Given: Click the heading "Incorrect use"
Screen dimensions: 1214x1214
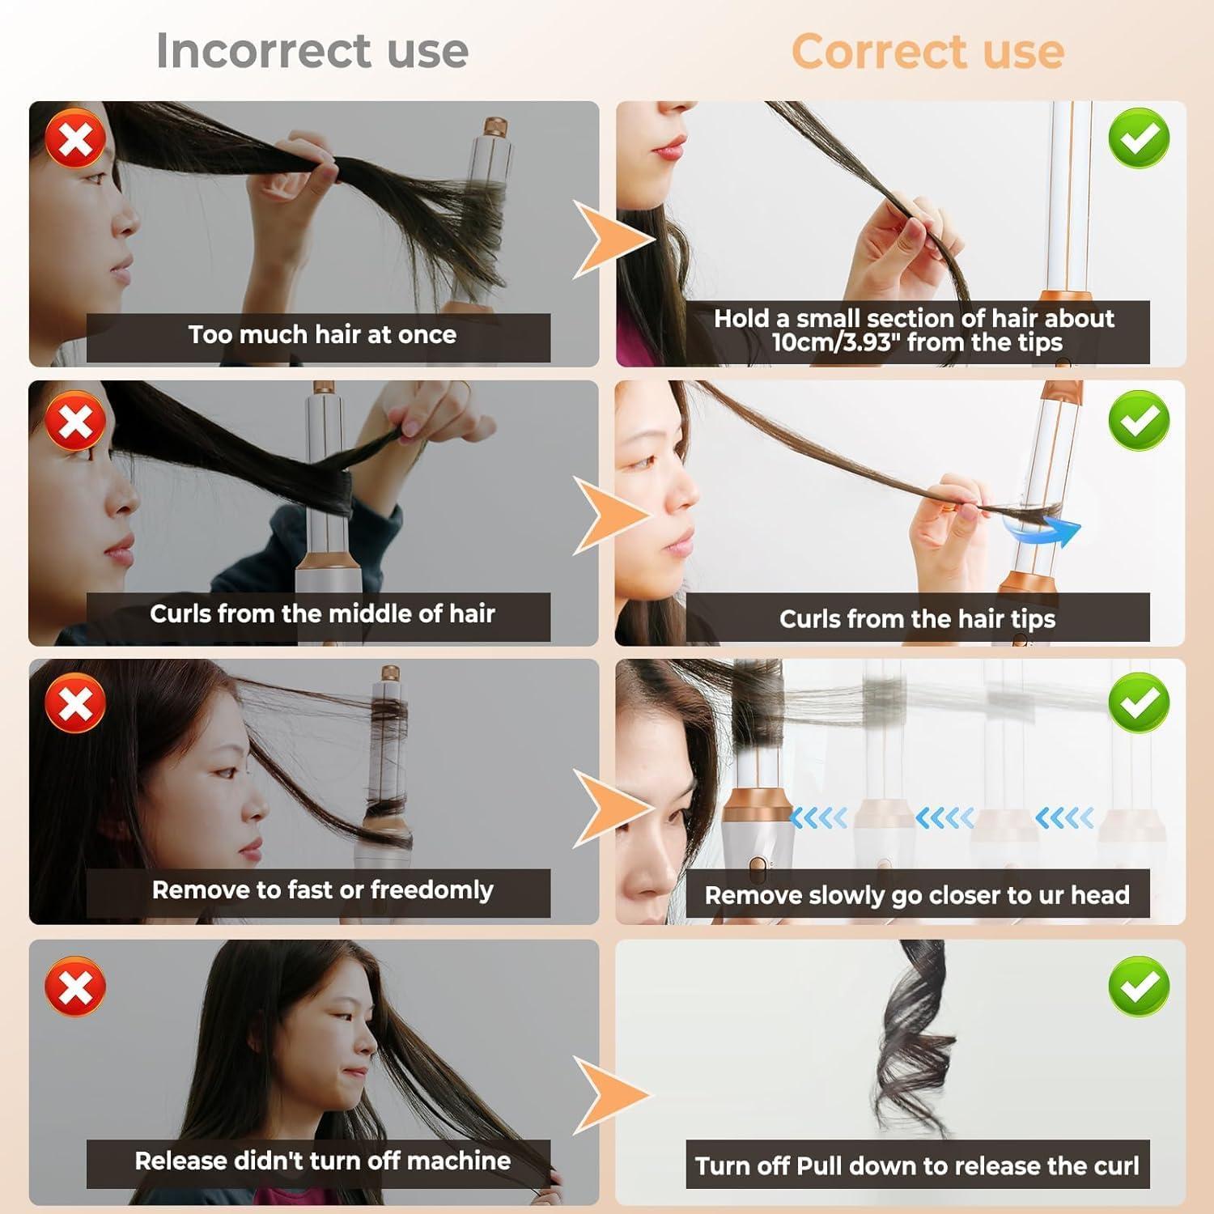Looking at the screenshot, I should pyautogui.click(x=312, y=51).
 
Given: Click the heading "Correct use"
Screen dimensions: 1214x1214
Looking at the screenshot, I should pyautogui.click(x=927, y=51).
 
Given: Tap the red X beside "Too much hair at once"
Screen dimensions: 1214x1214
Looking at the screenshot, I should pyautogui.click(x=75, y=138).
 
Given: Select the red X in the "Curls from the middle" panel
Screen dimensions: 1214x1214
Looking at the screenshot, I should pyautogui.click(x=75, y=421).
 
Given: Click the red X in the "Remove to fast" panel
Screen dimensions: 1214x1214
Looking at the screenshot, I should pyautogui.click(x=75, y=702).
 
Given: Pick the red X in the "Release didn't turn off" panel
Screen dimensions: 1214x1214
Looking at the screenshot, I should pyautogui.click(x=75, y=986).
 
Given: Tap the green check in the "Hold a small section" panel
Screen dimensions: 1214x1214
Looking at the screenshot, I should pyautogui.click(x=1139, y=138).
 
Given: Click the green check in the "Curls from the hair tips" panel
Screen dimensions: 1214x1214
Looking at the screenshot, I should pyautogui.click(x=1139, y=420).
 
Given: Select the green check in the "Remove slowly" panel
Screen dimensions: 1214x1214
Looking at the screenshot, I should pyautogui.click(x=1139, y=702).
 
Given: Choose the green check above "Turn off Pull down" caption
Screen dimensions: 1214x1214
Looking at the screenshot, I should pyautogui.click(x=1139, y=985).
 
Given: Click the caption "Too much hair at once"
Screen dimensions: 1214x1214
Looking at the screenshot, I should pyautogui.click(x=322, y=335).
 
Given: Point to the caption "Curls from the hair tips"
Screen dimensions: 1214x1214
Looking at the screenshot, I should pyautogui.click(x=917, y=619).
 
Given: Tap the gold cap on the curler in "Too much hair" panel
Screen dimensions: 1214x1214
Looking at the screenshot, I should pyautogui.click(x=495, y=128).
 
